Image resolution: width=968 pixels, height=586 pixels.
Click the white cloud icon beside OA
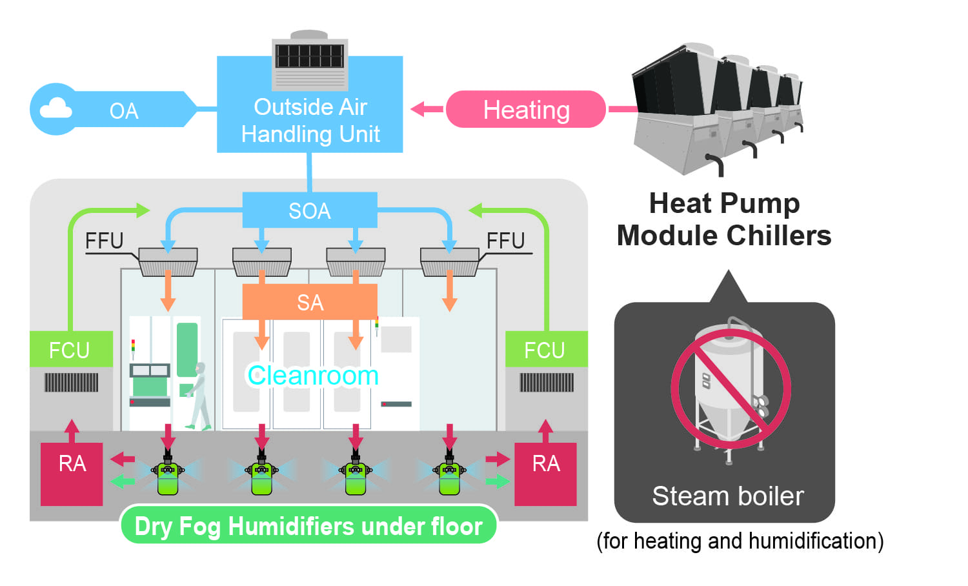(x=55, y=108)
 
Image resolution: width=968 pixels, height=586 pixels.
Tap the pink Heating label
(x=526, y=110)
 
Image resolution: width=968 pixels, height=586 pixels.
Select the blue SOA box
(x=310, y=210)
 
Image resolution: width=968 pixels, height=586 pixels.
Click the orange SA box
(x=310, y=302)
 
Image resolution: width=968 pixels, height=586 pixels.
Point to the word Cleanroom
(x=313, y=376)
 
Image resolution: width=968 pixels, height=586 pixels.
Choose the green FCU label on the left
(x=70, y=350)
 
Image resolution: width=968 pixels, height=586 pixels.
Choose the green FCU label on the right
(x=545, y=350)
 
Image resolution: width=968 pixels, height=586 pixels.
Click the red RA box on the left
(x=72, y=472)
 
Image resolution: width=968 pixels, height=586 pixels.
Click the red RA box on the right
(x=545, y=472)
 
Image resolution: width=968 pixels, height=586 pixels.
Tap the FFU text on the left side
(x=104, y=241)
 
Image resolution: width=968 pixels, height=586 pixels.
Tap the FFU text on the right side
(x=505, y=241)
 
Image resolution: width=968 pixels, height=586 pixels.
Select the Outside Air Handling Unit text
(x=310, y=121)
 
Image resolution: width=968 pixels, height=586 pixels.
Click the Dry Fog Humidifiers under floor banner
(x=308, y=526)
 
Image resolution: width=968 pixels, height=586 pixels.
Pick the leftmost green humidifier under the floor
(x=168, y=476)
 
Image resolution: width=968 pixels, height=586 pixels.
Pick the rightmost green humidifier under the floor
(x=449, y=476)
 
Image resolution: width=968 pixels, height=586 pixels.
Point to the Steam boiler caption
(x=727, y=496)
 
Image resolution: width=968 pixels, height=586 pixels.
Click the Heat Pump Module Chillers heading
(x=724, y=219)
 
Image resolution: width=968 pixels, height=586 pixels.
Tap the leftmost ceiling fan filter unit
(x=168, y=261)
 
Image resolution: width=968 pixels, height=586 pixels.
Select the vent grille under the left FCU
(x=71, y=383)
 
